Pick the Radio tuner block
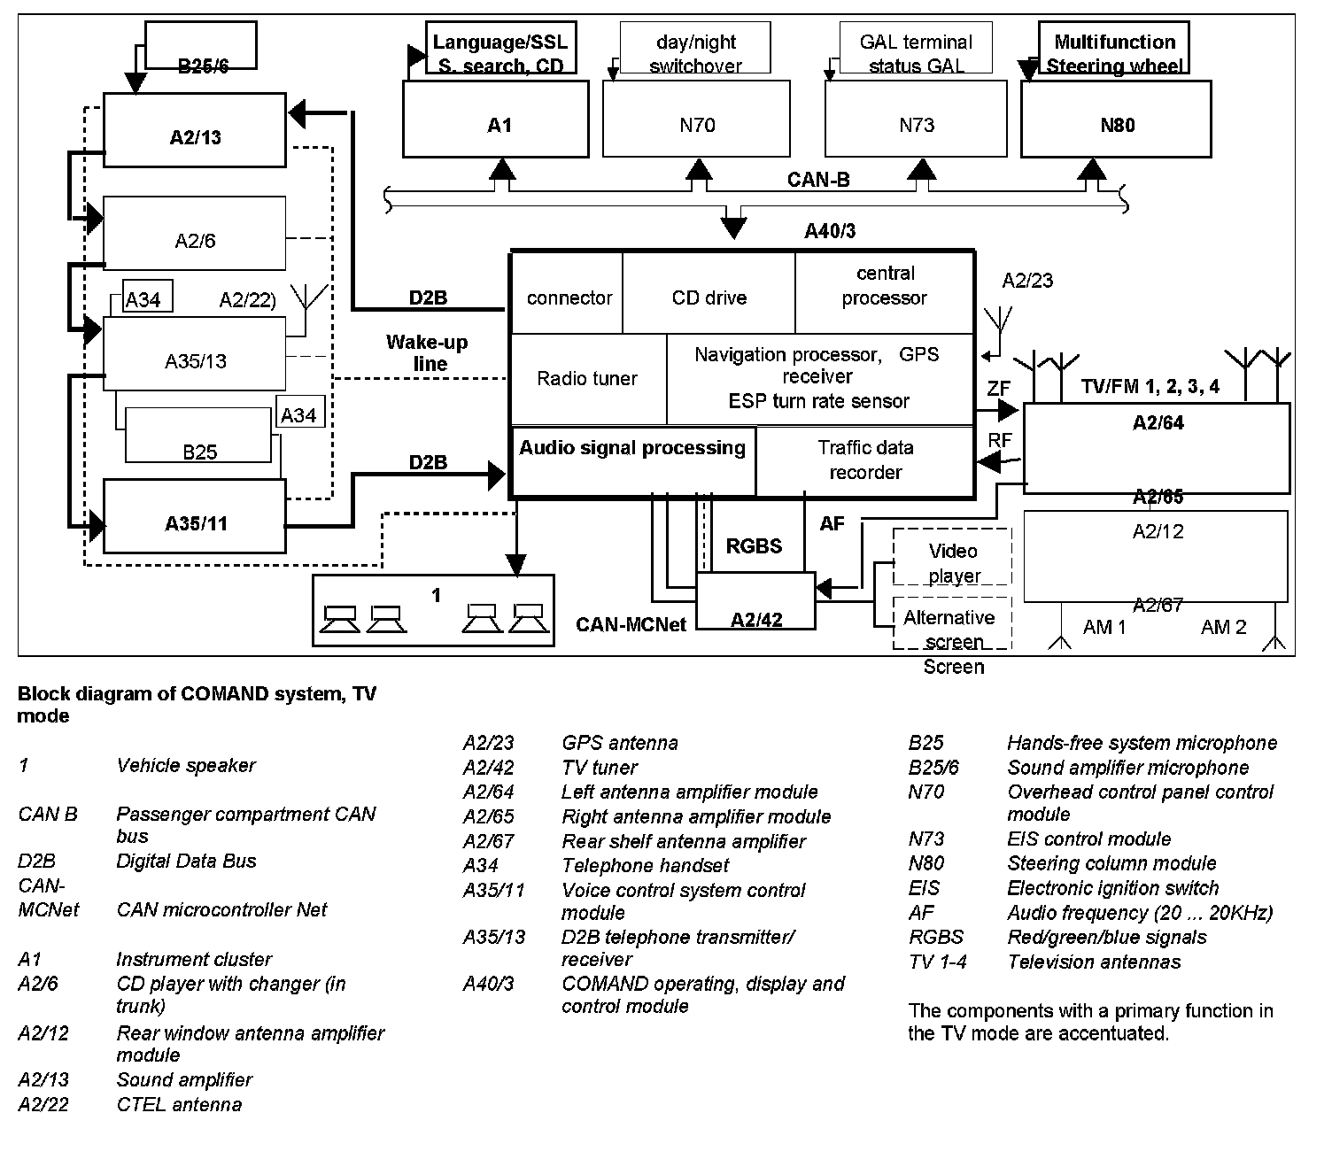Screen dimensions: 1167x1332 point(587,379)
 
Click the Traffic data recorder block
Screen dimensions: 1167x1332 point(864,460)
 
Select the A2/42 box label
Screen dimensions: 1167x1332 point(755,619)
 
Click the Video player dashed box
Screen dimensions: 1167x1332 point(953,562)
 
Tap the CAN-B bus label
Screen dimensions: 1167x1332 point(818,180)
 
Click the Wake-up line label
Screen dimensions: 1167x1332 point(427,352)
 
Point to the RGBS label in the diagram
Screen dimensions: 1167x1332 point(754,545)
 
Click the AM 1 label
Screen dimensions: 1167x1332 point(1104,627)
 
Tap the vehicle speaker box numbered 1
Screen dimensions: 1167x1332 point(433,610)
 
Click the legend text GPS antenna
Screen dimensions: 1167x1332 point(620,743)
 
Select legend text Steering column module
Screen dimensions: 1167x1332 point(1111,863)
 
